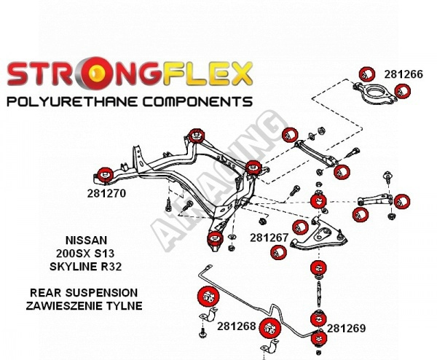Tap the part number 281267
click(269, 238)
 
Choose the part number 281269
click(346, 328)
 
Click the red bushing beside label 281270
click(105, 174)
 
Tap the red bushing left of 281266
click(367, 73)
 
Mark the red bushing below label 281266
click(403, 91)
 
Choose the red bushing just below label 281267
click(277, 252)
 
